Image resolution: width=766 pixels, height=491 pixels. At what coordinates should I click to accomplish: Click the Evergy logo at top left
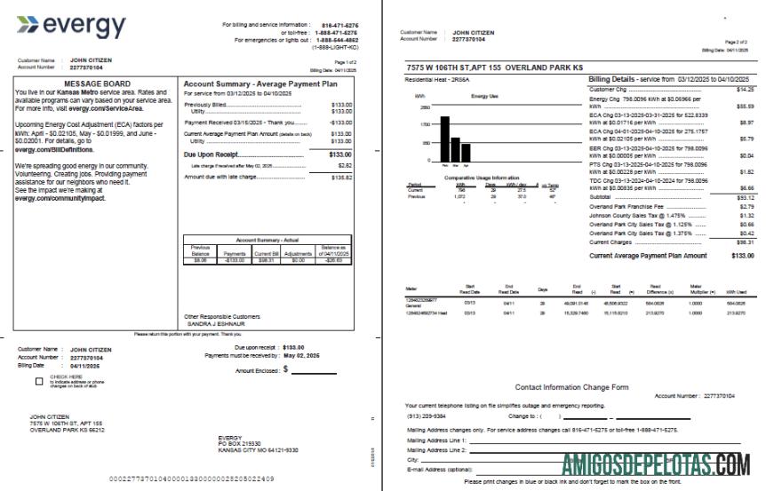71,27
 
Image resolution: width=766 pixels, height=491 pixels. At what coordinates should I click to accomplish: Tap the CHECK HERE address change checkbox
39,382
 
